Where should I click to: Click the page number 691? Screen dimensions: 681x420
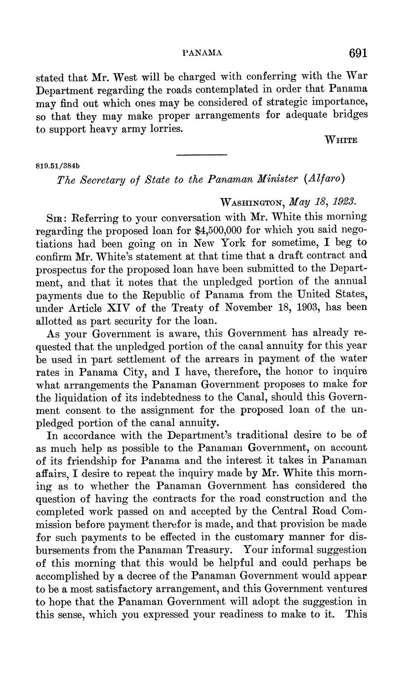click(x=358, y=53)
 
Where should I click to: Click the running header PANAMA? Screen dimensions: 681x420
click(x=203, y=53)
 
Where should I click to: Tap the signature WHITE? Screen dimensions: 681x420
click(x=340, y=140)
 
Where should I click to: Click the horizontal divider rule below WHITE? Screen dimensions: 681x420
click(x=202, y=155)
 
